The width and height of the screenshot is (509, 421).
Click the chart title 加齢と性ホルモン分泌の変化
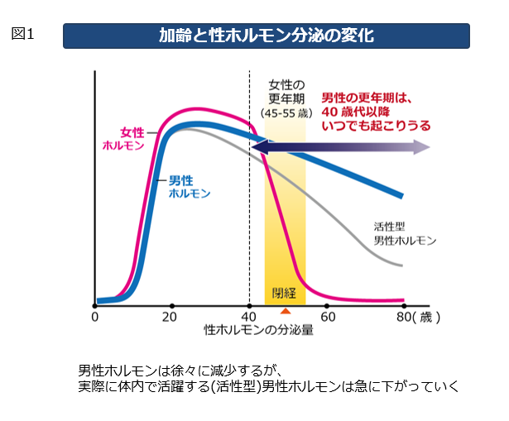(x=267, y=36)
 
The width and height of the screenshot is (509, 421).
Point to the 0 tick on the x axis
(x=95, y=316)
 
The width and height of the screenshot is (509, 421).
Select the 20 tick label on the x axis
(x=169, y=316)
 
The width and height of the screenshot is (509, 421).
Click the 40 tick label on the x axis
(x=249, y=316)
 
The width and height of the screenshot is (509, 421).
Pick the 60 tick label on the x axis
(x=328, y=316)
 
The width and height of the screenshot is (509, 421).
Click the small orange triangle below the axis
(x=285, y=311)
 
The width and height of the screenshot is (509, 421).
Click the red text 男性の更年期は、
(x=366, y=98)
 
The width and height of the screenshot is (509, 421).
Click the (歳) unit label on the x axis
(x=425, y=316)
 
